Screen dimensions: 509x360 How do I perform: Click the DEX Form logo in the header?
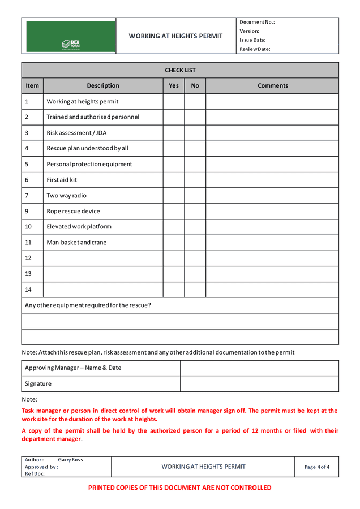(71, 44)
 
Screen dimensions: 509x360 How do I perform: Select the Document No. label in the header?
(257, 22)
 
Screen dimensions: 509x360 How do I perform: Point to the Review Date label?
(255, 49)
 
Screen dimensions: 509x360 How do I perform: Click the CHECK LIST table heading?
(180, 70)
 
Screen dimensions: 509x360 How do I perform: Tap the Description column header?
(103, 86)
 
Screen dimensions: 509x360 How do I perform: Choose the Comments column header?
(272, 86)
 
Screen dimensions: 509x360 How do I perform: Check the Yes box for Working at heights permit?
(174, 102)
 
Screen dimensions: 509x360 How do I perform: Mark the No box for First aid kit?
(195, 180)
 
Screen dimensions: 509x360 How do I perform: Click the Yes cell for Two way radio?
(174, 196)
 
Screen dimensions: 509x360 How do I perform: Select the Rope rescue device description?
(73, 212)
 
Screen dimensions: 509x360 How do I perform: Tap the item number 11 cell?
(32, 243)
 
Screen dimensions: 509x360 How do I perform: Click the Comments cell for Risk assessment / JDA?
(272, 133)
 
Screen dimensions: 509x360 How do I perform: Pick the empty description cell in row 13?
(103, 274)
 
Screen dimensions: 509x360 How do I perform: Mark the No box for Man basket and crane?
(195, 243)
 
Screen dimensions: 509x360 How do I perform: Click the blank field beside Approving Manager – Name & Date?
(259, 368)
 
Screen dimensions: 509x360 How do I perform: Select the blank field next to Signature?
(259, 384)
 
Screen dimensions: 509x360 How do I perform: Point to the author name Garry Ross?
(70, 460)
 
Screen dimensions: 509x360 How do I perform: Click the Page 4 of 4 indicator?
(317, 467)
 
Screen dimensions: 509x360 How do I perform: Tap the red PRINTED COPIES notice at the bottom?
(180, 488)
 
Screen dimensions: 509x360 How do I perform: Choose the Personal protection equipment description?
(89, 165)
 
